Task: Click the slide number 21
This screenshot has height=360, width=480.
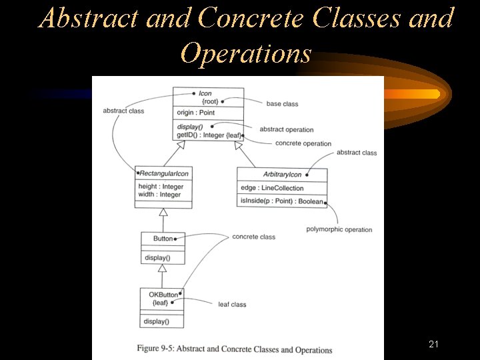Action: pyautogui.click(x=433, y=344)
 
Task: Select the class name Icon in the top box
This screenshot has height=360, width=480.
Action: pyautogui.click(x=205, y=93)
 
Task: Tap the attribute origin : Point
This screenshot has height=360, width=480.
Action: pyautogui.click(x=196, y=113)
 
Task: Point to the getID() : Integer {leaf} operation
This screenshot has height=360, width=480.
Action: pyautogui.click(x=208, y=135)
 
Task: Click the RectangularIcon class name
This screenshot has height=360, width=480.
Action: pyautogui.click(x=163, y=173)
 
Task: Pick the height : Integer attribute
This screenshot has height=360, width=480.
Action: pyautogui.click(x=161, y=187)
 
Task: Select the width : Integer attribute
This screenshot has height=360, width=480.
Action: pyautogui.click(x=160, y=195)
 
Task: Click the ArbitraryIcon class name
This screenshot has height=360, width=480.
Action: pyautogui.click(x=282, y=175)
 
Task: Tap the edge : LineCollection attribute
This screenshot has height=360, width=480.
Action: pyautogui.click(x=272, y=188)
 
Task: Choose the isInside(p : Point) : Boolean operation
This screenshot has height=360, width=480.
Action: pyautogui.click(x=281, y=201)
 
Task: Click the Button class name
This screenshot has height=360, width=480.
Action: pyautogui.click(x=163, y=239)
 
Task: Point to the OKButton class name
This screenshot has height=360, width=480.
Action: pyautogui.click(x=163, y=295)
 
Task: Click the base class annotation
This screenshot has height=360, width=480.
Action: pyautogui.click(x=282, y=104)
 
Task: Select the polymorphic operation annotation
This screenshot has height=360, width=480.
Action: pyautogui.click(x=339, y=230)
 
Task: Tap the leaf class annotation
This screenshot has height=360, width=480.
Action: pyautogui.click(x=232, y=305)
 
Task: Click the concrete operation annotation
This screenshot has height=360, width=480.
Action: pyautogui.click(x=303, y=143)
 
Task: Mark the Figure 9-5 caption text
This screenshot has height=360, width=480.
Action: pyautogui.click(x=235, y=350)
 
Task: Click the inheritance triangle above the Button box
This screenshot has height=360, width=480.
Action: pyautogui.click(x=163, y=213)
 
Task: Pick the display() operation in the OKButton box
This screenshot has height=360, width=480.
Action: pyautogui.click(x=157, y=321)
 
